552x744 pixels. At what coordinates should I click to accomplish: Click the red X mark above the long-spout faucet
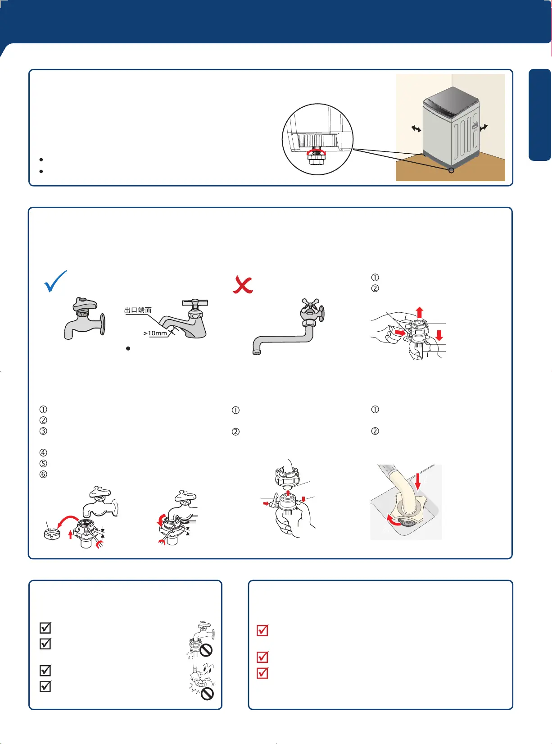[243, 285]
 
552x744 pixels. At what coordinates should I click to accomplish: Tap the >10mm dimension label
[155, 333]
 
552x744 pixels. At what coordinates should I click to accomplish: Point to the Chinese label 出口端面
[138, 310]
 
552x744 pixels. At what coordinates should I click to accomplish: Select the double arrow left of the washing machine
[416, 128]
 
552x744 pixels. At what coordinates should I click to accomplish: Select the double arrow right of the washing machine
[484, 128]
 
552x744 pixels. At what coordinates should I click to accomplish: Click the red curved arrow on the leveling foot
[317, 152]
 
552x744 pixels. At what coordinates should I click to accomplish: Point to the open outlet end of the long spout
[257, 352]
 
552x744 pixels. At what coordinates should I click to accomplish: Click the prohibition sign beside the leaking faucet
[206, 651]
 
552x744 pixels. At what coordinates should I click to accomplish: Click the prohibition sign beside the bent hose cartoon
[207, 694]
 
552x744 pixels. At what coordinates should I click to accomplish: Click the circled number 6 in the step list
[43, 475]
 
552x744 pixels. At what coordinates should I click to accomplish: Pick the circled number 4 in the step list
[43, 452]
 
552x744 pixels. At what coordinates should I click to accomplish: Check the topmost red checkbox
[262, 630]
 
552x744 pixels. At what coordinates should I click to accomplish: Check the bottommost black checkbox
[45, 686]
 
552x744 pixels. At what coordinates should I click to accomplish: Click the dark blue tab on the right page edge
[540, 115]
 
